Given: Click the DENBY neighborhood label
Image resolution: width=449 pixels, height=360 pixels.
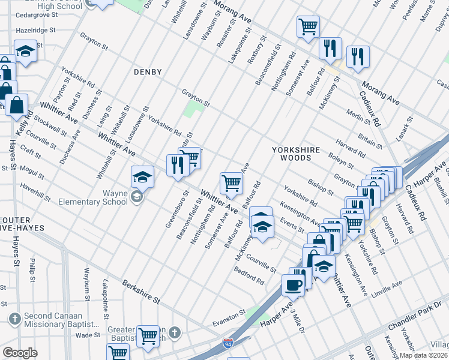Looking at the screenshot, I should [148, 72].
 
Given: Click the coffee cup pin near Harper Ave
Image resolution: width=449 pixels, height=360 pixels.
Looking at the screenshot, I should [293, 286].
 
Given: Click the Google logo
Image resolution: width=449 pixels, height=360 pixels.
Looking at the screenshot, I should [20, 353].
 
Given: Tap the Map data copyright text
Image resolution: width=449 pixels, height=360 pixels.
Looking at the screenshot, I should [424, 355].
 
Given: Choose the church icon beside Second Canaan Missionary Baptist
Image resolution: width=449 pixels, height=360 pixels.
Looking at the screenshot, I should [13, 317].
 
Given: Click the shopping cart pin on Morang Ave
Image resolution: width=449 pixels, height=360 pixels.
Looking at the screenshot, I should [308, 26].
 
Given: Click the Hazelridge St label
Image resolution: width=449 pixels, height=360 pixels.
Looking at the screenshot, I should [35, 29].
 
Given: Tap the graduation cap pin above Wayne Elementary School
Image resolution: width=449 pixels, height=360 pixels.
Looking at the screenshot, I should [142, 176].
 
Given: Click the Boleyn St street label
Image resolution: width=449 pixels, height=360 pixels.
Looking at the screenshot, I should [340, 161].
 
